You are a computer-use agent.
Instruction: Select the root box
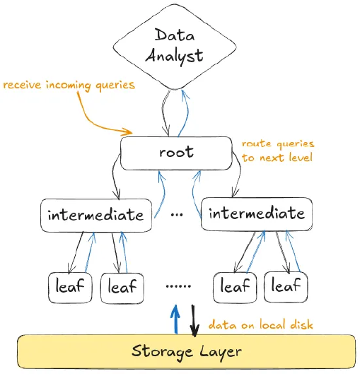click(176, 153)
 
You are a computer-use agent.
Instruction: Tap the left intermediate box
click(95, 214)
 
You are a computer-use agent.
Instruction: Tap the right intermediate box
click(257, 213)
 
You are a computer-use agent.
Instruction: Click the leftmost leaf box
click(71, 287)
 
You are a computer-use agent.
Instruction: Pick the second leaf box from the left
click(122, 288)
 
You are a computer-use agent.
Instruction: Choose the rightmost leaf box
click(286, 287)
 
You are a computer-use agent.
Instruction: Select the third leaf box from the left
click(235, 287)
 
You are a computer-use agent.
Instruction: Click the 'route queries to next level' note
click(278, 151)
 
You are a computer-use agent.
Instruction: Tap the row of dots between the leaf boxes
click(178, 287)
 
